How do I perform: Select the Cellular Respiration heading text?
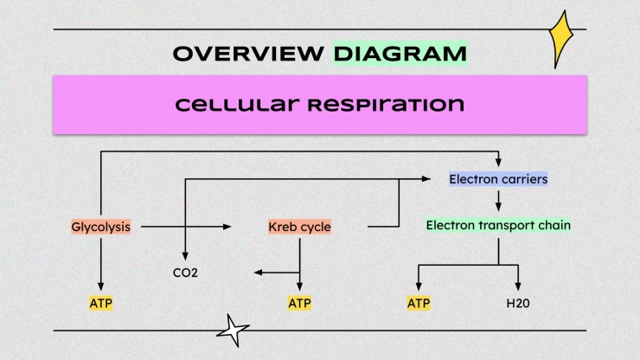click(x=319, y=105)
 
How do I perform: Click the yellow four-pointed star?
click(x=565, y=39)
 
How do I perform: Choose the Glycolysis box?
click(x=101, y=228)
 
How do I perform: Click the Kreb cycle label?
click(x=299, y=228)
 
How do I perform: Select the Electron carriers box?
click(x=498, y=180)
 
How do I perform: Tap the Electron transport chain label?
click(x=498, y=226)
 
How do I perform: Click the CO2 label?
click(x=186, y=273)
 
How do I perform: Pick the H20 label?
click(x=519, y=304)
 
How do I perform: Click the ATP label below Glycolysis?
click(x=101, y=304)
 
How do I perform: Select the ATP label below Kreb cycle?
click(x=299, y=304)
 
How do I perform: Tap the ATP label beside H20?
click(x=419, y=304)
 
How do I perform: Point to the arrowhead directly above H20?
click(x=519, y=287)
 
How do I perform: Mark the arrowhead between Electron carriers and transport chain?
click(x=498, y=206)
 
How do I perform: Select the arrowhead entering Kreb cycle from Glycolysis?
click(x=228, y=227)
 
